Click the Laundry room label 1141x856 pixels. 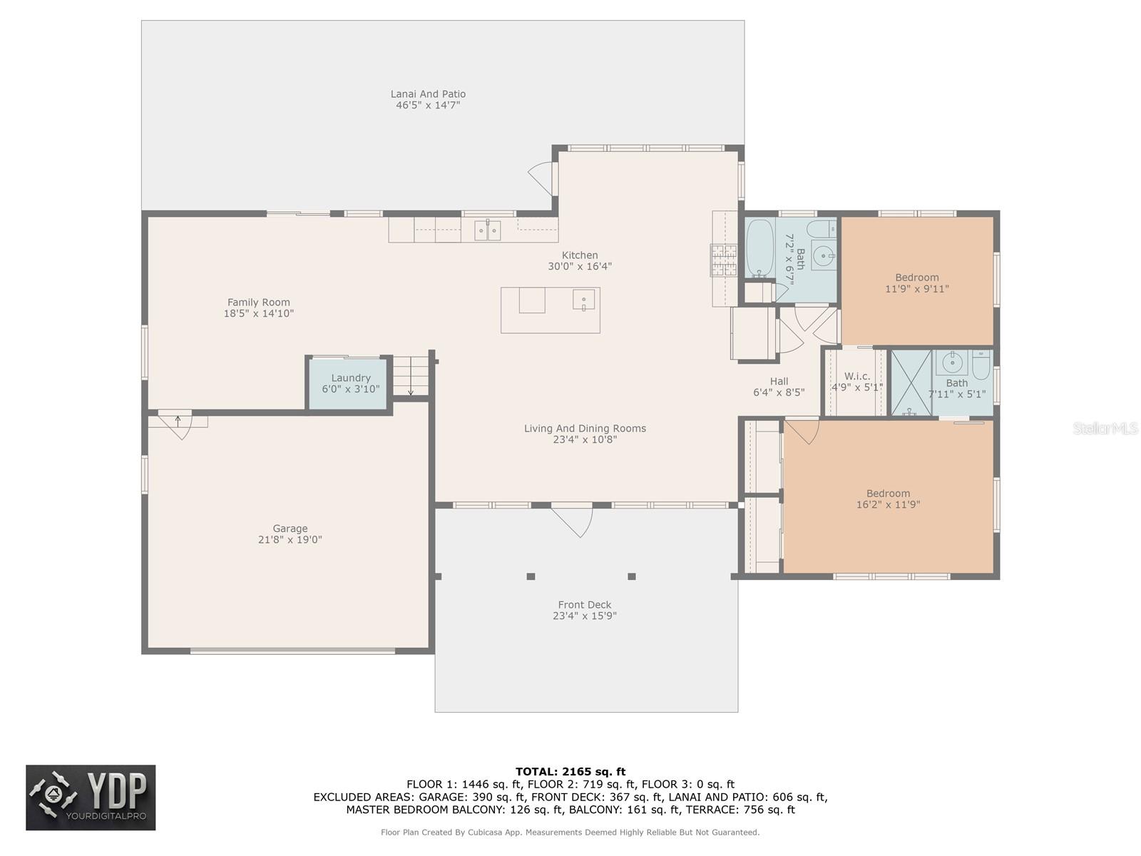(x=350, y=378)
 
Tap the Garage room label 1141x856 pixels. (x=290, y=528)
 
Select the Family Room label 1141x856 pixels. (x=258, y=302)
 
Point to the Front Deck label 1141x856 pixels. (x=584, y=604)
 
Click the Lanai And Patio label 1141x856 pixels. (x=428, y=94)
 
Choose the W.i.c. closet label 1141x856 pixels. (x=856, y=376)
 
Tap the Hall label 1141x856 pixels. (x=779, y=381)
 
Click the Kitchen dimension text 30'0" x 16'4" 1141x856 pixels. (x=580, y=266)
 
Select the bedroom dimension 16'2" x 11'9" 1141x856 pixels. (x=888, y=504)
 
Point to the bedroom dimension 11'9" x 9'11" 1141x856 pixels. (x=917, y=288)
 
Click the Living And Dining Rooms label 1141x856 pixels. (x=585, y=428)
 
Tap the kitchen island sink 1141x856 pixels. (x=584, y=300)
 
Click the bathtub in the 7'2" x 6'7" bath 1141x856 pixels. (x=759, y=248)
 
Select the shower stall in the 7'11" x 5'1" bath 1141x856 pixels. (x=911, y=382)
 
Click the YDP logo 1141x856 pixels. (x=91, y=798)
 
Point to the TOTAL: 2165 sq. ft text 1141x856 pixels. (x=570, y=772)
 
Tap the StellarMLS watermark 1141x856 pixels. (x=1105, y=428)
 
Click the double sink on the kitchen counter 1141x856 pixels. (x=487, y=230)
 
